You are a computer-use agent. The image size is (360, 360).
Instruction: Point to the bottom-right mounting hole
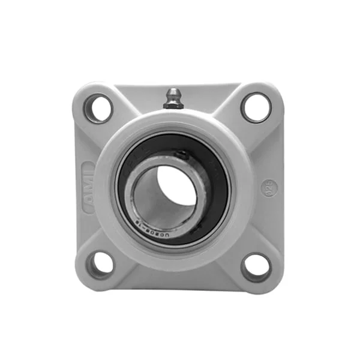coord(256,266)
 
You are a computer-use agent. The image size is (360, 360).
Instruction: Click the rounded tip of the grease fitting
coord(173,93)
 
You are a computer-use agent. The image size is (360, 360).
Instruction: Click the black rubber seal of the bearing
coord(216,204)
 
